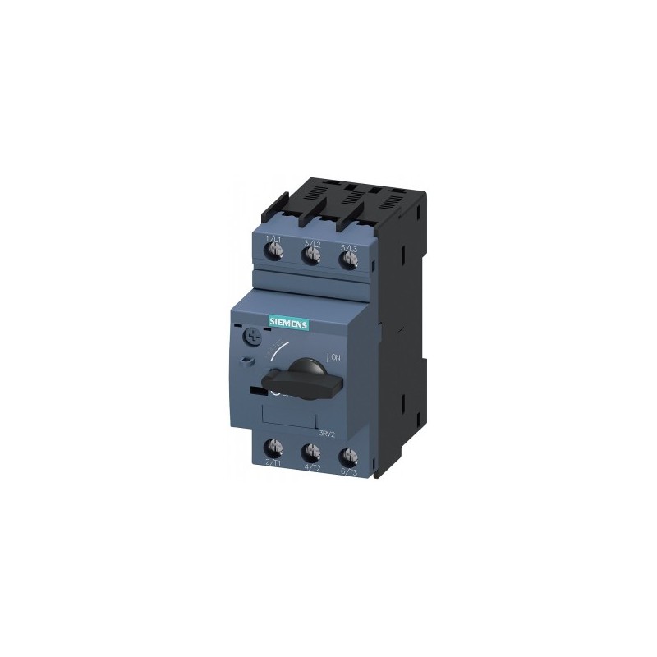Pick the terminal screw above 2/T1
click(273, 449)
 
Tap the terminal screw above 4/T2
click(311, 453)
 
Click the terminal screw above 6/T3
click(348, 455)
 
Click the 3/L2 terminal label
click(311, 241)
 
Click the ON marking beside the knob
click(336, 357)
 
